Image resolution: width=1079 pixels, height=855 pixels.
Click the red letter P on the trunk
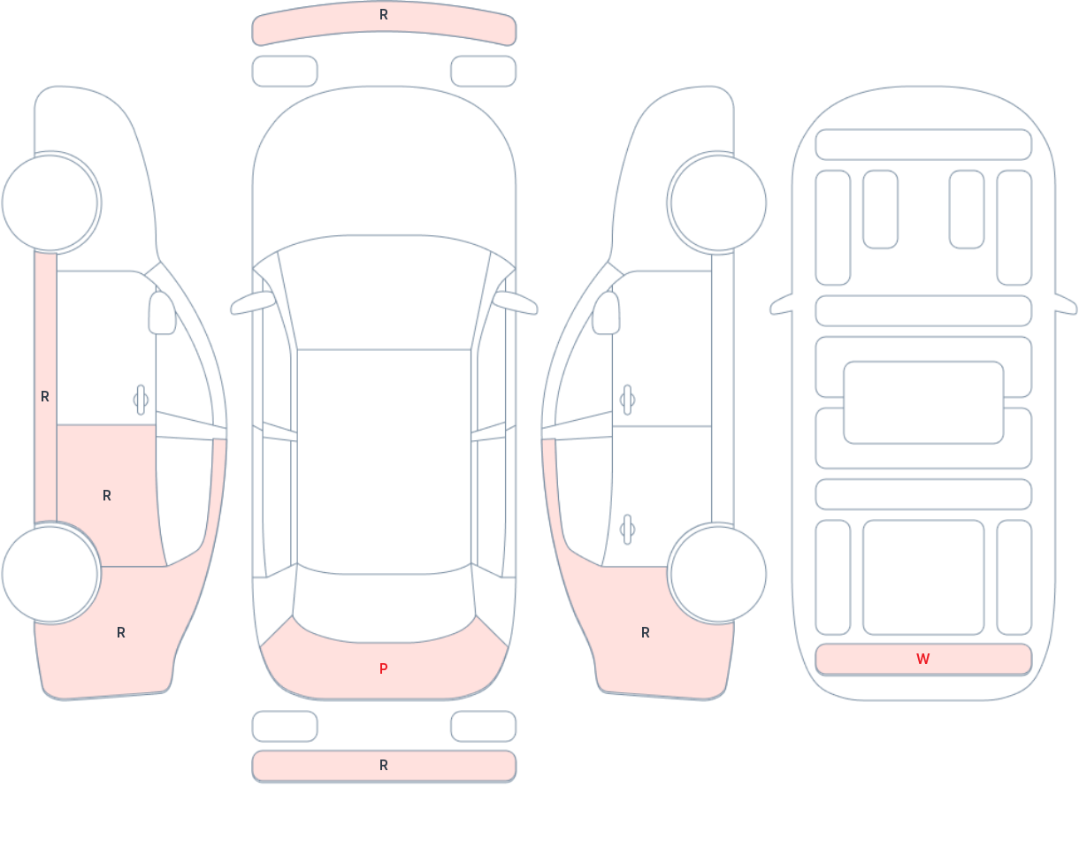pos(383,669)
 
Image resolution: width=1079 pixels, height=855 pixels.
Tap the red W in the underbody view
pos(922,660)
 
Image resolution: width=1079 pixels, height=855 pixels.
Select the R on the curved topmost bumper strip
pos(383,15)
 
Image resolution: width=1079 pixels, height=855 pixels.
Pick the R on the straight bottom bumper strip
pos(383,766)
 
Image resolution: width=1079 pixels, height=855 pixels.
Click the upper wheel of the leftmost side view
pos(50,202)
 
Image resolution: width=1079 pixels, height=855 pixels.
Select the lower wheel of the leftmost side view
pos(50,574)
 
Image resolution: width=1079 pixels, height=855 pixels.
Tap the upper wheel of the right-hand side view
pos(717,202)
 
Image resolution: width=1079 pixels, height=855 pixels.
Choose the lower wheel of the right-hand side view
pos(717,574)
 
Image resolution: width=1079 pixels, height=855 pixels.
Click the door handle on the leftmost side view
pos(141,400)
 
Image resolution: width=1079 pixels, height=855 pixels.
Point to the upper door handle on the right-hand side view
pos(627,400)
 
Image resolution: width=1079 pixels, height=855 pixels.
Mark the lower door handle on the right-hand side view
pos(627,530)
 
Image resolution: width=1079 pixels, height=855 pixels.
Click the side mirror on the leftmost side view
pos(162,313)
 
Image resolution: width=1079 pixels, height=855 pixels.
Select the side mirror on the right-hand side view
pos(606,313)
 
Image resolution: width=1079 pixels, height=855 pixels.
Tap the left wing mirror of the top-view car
pos(253,303)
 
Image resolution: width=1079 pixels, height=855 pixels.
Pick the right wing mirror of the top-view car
pos(515,303)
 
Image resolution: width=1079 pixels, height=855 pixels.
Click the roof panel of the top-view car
pos(384,455)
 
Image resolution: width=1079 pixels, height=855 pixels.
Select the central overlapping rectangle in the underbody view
pos(923,402)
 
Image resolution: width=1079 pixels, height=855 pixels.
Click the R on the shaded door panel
pos(107,496)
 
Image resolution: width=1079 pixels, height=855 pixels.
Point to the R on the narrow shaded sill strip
pos(45,397)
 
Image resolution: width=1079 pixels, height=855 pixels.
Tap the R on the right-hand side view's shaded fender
pos(646,633)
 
